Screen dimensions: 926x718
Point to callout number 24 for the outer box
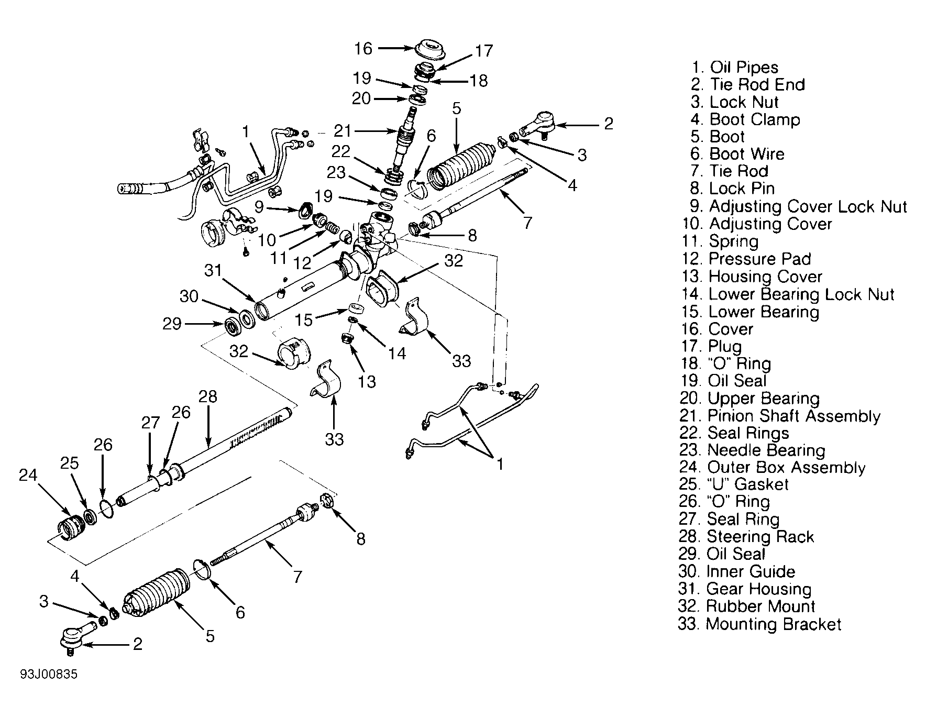(29, 476)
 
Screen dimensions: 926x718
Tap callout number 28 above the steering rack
(208, 396)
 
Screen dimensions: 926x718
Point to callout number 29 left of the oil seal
(172, 324)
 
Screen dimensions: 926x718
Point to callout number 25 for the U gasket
(69, 463)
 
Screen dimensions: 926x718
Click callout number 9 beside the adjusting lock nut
(259, 206)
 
